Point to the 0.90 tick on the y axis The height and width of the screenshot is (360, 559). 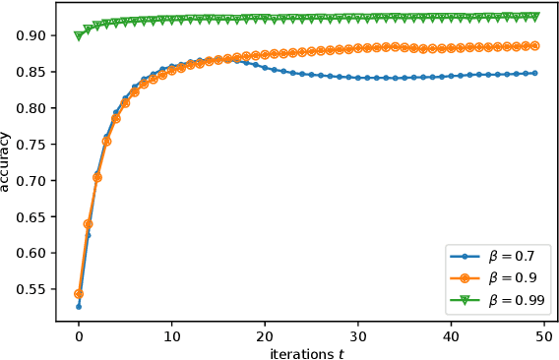pyautogui.click(x=31, y=35)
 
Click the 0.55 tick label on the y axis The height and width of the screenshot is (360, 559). pyautogui.click(x=31, y=290)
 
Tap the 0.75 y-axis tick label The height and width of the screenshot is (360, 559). pyautogui.click(x=31, y=145)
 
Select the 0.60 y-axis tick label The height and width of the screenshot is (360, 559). pyautogui.click(x=31, y=254)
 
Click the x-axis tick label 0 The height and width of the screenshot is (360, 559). pyautogui.click(x=79, y=337)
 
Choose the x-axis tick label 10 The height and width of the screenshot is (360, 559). pyautogui.click(x=171, y=337)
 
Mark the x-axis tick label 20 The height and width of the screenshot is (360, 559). pyautogui.click(x=265, y=337)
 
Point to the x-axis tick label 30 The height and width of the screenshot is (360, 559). pyautogui.click(x=357, y=337)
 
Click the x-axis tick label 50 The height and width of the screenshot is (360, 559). pyautogui.click(x=543, y=337)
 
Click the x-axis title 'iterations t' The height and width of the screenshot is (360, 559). pyautogui.click(x=310, y=352)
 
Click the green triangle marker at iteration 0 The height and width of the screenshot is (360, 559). pyautogui.click(x=79, y=35)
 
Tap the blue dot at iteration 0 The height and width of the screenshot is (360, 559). pyautogui.click(x=79, y=306)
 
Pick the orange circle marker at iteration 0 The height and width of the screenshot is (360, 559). pyautogui.click(x=79, y=293)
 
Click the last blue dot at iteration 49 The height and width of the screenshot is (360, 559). pyautogui.click(x=534, y=73)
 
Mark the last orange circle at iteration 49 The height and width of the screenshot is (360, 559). pyautogui.click(x=534, y=45)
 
